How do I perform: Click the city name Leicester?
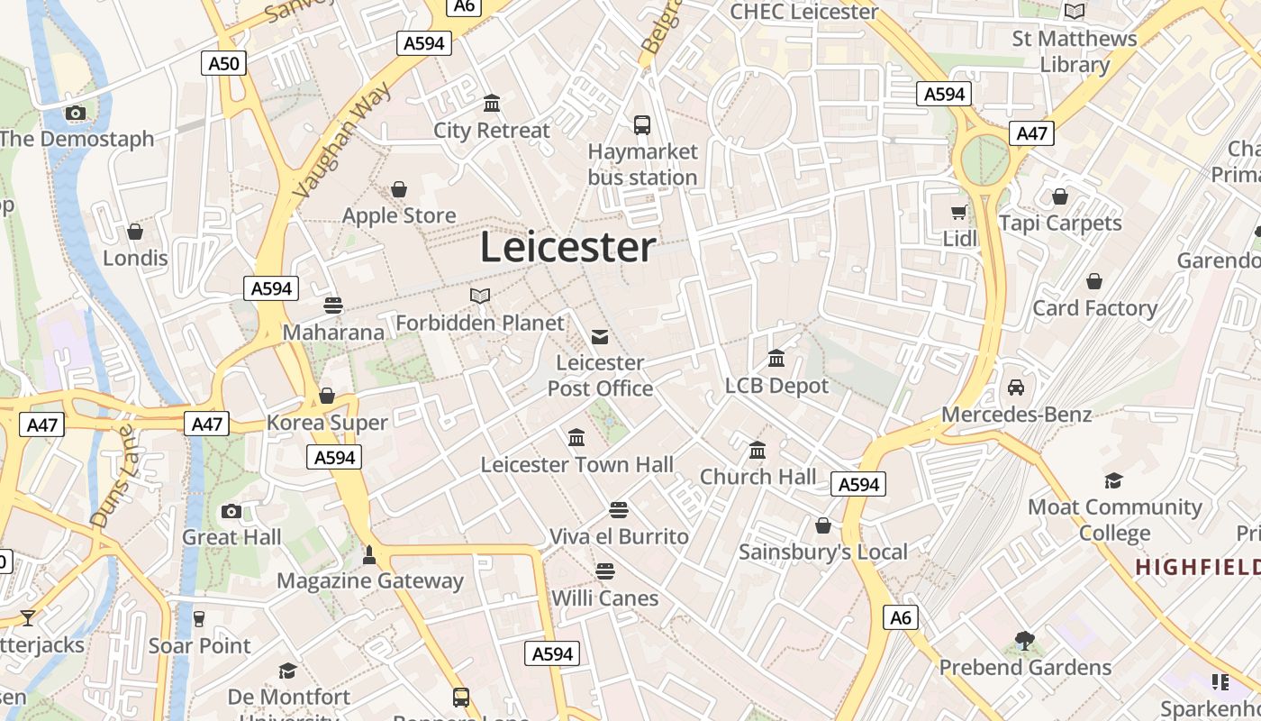click(567, 247)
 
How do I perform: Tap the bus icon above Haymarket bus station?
click(642, 125)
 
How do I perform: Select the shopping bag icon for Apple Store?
click(399, 189)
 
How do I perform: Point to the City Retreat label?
click(491, 131)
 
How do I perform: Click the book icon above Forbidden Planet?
click(480, 296)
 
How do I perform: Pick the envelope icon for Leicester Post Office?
click(600, 337)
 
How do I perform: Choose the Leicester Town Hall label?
click(576, 465)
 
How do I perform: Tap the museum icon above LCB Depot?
click(776, 360)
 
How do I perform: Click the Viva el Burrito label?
click(619, 536)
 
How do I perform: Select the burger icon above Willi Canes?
click(605, 571)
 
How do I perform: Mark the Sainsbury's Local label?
click(823, 552)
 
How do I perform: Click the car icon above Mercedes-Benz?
click(1016, 388)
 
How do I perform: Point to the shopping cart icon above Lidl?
click(959, 213)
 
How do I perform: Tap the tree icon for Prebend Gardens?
click(1024, 641)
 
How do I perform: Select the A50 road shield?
click(224, 62)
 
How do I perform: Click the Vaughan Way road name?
click(343, 140)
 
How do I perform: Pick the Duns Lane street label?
click(112, 476)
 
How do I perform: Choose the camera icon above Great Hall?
click(231, 511)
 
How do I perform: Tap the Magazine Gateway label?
click(369, 581)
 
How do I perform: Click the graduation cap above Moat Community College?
click(1114, 480)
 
